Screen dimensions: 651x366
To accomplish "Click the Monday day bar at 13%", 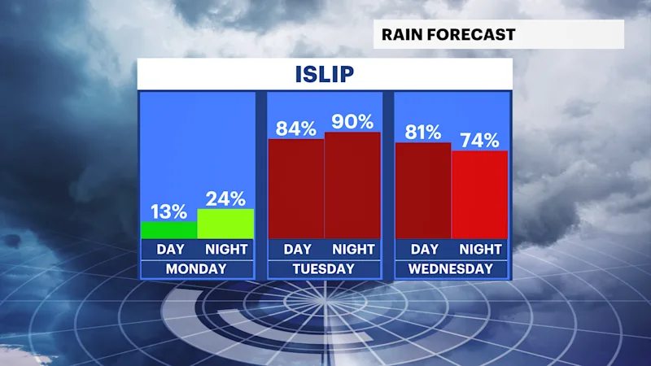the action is click(x=169, y=230).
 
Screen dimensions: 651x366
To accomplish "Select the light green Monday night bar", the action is click(x=225, y=224).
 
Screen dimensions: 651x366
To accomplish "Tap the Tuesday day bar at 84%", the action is click(x=296, y=189).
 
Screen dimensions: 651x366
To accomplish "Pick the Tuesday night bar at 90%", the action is click(x=352, y=185).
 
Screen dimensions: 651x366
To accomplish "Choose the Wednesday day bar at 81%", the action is click(x=423, y=190).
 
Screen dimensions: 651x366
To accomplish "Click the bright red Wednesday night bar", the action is click(x=479, y=194).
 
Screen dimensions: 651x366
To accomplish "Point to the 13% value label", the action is click(x=168, y=211).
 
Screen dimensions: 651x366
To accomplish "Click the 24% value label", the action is click(x=225, y=198).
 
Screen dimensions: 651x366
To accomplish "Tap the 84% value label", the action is click(x=296, y=129).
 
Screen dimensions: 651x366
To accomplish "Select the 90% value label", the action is click(x=352, y=121).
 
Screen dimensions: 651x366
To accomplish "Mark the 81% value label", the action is click(x=423, y=133).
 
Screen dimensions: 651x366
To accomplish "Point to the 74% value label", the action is click(x=479, y=140).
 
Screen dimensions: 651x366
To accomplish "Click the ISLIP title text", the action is click(x=325, y=75).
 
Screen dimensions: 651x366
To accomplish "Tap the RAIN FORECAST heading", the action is click(x=448, y=34).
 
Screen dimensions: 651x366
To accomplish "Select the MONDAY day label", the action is click(x=196, y=269).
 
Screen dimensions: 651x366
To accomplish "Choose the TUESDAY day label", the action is click(x=323, y=269).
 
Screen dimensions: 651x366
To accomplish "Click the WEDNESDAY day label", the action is click(x=451, y=269).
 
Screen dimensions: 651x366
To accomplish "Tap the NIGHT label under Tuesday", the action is click(x=353, y=249).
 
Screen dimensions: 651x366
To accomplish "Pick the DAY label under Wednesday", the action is click(x=424, y=249).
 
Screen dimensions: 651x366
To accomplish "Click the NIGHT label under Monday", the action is click(x=226, y=249).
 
